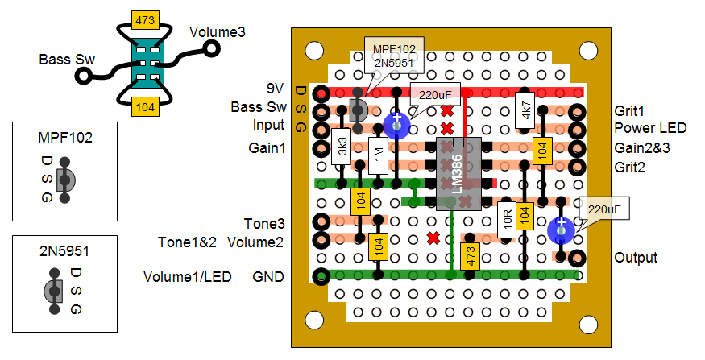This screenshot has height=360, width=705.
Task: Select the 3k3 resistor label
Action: point(342,147)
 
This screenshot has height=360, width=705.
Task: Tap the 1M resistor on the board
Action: point(378,152)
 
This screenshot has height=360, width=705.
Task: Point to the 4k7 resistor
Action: point(525,110)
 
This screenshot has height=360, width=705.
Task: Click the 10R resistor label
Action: point(507,217)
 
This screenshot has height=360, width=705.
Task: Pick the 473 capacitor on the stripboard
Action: point(470,256)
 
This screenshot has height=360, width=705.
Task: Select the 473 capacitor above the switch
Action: point(146,19)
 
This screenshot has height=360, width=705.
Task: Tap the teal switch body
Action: point(145,62)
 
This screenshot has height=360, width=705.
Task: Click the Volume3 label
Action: point(217,32)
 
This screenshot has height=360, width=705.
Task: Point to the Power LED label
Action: point(649,127)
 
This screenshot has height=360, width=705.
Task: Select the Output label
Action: point(636,258)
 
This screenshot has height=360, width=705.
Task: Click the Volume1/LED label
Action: point(188,277)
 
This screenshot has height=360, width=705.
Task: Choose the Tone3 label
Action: point(263,222)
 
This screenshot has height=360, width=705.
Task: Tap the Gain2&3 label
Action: point(643,147)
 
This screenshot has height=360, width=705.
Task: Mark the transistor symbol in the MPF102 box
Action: point(68,179)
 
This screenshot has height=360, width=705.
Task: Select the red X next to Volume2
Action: point(433,238)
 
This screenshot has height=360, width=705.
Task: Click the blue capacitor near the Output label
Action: point(561,230)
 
